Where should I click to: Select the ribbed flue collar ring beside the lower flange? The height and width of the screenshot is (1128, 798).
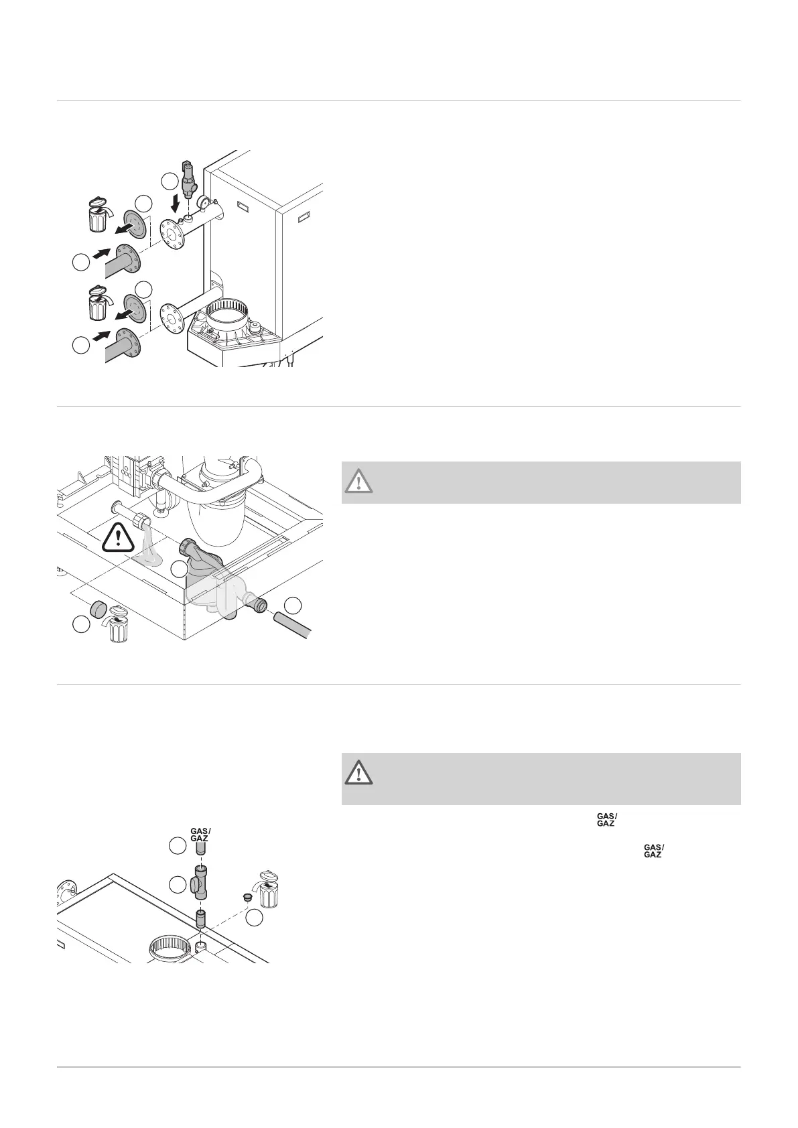tap(229, 314)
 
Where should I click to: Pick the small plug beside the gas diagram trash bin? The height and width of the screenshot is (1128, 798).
tap(246, 896)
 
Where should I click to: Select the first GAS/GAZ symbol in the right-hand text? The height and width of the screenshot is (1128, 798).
tap(606, 819)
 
